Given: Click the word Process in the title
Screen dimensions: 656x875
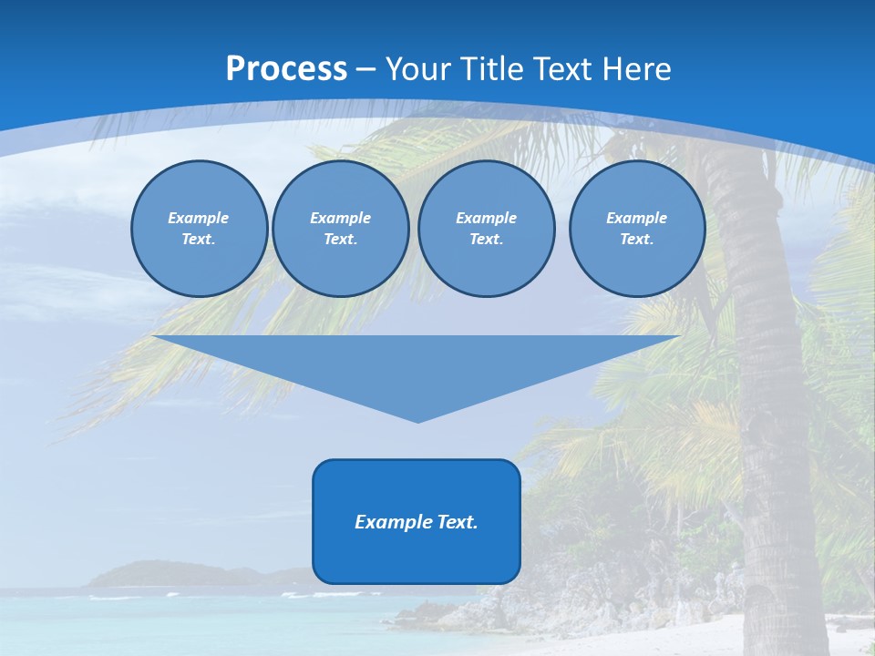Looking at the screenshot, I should coord(286,69).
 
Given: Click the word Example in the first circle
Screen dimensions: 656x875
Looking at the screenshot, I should coord(199,218).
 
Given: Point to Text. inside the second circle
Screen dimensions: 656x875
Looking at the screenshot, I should coord(340,240).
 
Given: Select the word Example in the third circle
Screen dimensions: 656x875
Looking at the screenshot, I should coord(486,218).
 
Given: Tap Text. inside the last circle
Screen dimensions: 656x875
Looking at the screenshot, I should coord(636,240).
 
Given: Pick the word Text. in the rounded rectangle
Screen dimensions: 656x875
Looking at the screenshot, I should coord(457,522).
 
